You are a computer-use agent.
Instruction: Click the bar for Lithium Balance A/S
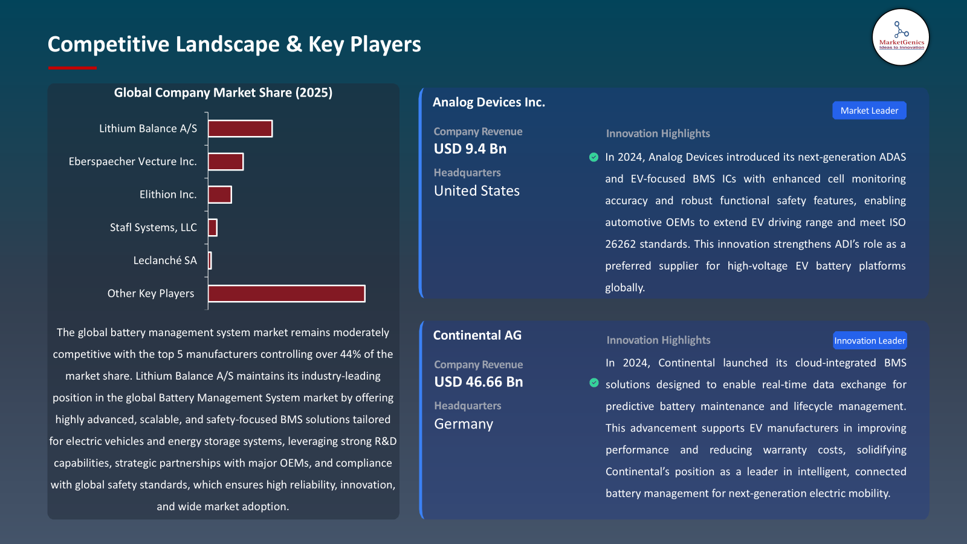click(x=240, y=129)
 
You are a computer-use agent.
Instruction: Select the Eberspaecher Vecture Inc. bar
click(x=225, y=161)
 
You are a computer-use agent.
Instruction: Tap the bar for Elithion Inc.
click(x=219, y=195)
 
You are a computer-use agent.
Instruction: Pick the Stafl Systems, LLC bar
click(x=213, y=227)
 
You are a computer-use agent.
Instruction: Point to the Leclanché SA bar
click(x=210, y=261)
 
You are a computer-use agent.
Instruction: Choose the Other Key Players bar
click(x=286, y=294)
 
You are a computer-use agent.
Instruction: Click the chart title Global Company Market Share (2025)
click(x=223, y=92)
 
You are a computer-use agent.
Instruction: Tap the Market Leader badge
click(x=869, y=111)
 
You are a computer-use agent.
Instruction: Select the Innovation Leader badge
click(x=870, y=341)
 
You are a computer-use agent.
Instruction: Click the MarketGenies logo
click(x=901, y=37)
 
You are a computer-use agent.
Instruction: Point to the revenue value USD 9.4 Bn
click(x=470, y=149)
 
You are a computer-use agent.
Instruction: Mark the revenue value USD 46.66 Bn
click(x=479, y=382)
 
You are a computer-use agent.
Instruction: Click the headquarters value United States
click(x=477, y=191)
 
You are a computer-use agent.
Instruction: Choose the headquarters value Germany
click(x=464, y=424)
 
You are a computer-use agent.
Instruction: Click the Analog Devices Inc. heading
click(x=489, y=102)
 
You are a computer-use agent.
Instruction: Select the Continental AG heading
click(x=477, y=335)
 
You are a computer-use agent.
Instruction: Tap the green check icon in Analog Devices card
click(x=593, y=157)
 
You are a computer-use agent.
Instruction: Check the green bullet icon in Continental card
click(x=594, y=383)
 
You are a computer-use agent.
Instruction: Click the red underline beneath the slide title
click(x=72, y=68)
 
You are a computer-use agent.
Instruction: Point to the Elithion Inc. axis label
click(x=168, y=195)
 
